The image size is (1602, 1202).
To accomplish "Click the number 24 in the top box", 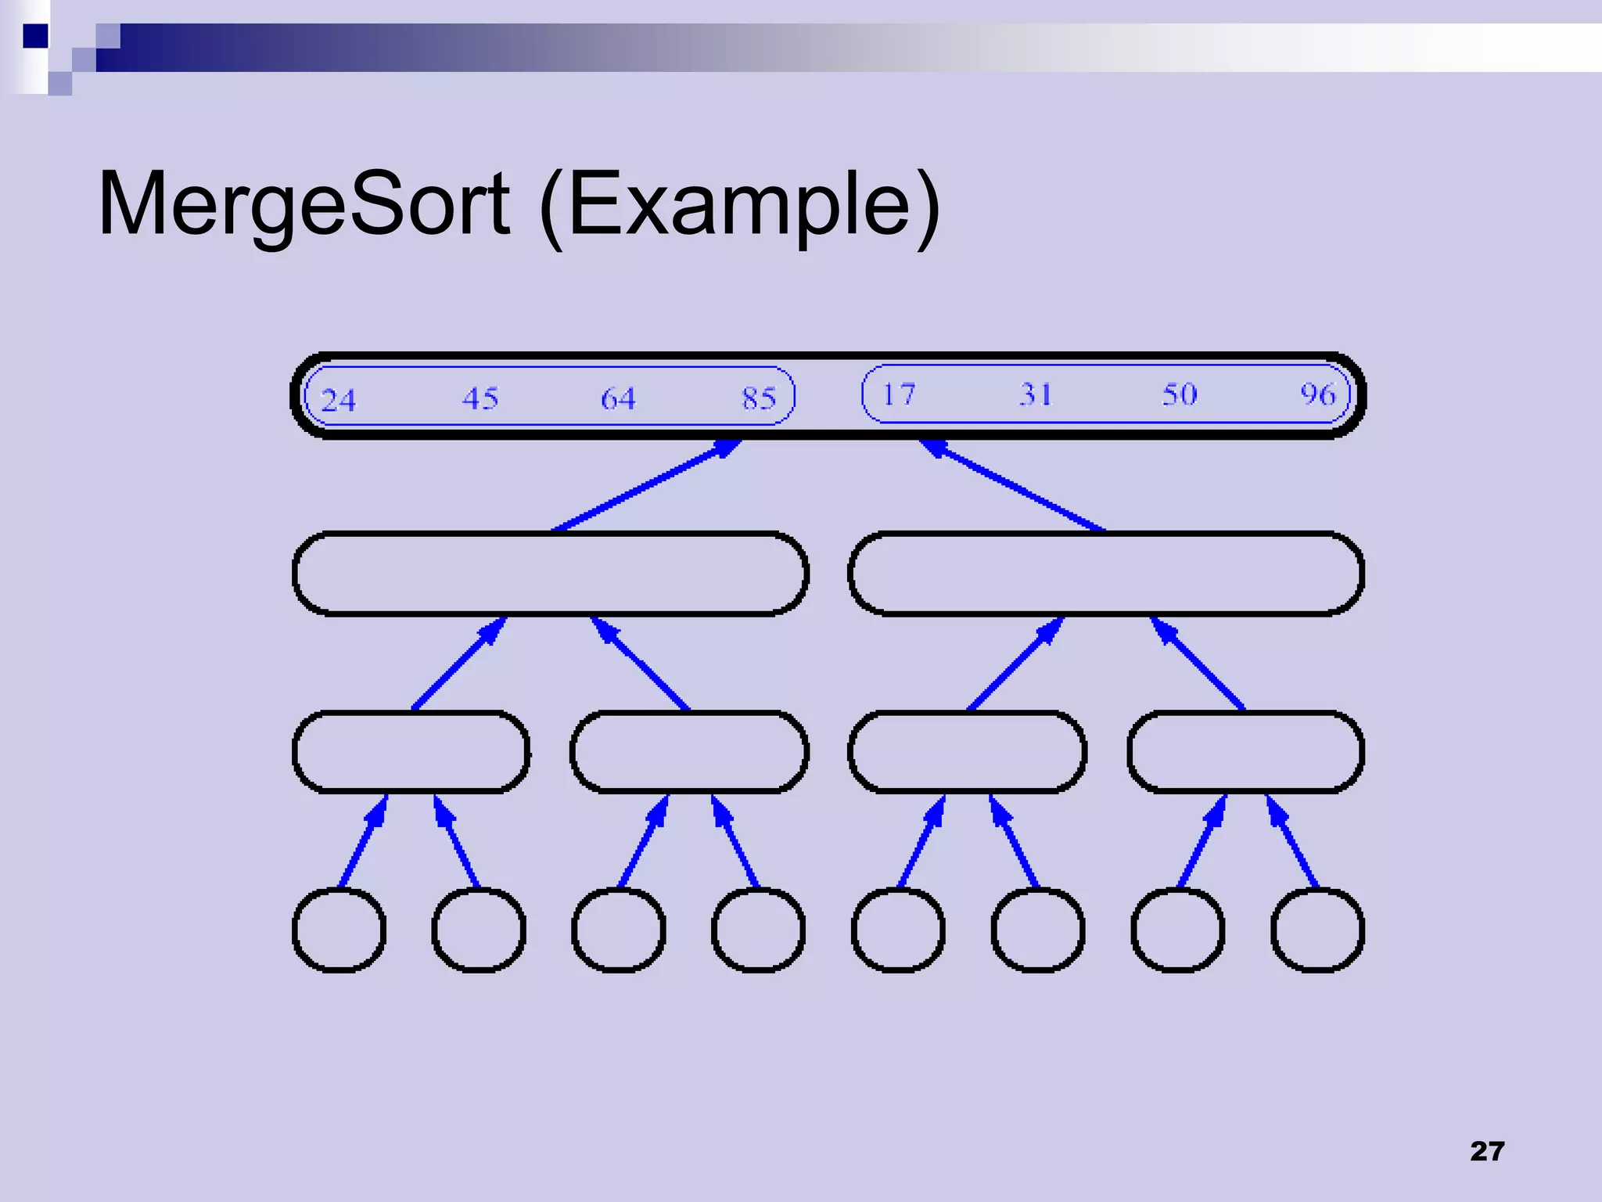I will pos(338,401).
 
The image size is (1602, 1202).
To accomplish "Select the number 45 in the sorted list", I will pos(480,398).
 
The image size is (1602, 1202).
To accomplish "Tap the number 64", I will pos(618,398).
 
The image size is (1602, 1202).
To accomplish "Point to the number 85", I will pos(759,398).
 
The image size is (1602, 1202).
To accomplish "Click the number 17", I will pos(899,394).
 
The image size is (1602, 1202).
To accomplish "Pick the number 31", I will pos(1036,394).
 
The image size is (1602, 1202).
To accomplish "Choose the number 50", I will pos(1179,394).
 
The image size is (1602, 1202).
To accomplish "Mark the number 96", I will pos(1318,394).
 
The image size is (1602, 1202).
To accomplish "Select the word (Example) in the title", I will pos(739,205).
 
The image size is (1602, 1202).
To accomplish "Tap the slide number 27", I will pos(1487,1151).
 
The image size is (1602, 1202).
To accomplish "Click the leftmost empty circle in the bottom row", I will pos(339,930).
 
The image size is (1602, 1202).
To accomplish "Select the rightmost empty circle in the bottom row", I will pos(1318,930).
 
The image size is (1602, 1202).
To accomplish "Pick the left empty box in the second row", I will pos(551,574).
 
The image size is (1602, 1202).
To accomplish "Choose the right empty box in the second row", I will pos(1106,574).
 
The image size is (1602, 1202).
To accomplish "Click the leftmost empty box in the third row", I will pos(411,752).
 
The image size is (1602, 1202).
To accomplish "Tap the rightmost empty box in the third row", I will pos(1245,752).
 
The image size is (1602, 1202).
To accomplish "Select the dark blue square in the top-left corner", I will pos(35,36).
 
